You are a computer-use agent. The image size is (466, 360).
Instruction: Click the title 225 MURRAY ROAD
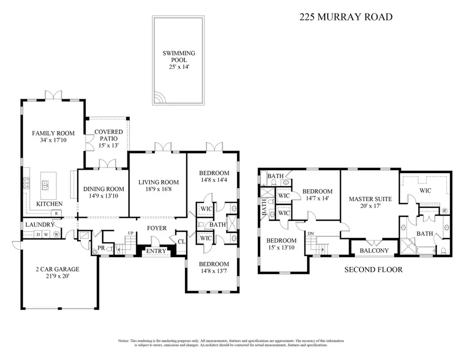(x=345, y=17)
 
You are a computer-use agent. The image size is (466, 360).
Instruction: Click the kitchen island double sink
(x=45, y=185)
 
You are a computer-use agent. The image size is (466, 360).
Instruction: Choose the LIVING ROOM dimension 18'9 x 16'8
(x=158, y=189)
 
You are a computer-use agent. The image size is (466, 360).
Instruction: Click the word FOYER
(x=157, y=228)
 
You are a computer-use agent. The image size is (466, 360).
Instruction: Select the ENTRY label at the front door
(x=156, y=251)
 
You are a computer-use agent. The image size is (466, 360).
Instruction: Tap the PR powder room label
(x=94, y=249)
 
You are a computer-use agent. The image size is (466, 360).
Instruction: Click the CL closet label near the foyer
(x=181, y=241)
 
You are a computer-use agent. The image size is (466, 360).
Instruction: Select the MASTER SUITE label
(x=370, y=199)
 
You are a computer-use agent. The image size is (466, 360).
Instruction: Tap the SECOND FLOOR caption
(x=373, y=269)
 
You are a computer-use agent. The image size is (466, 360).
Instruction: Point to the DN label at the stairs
(x=310, y=234)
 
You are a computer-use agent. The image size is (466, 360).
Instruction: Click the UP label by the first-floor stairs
(x=131, y=234)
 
